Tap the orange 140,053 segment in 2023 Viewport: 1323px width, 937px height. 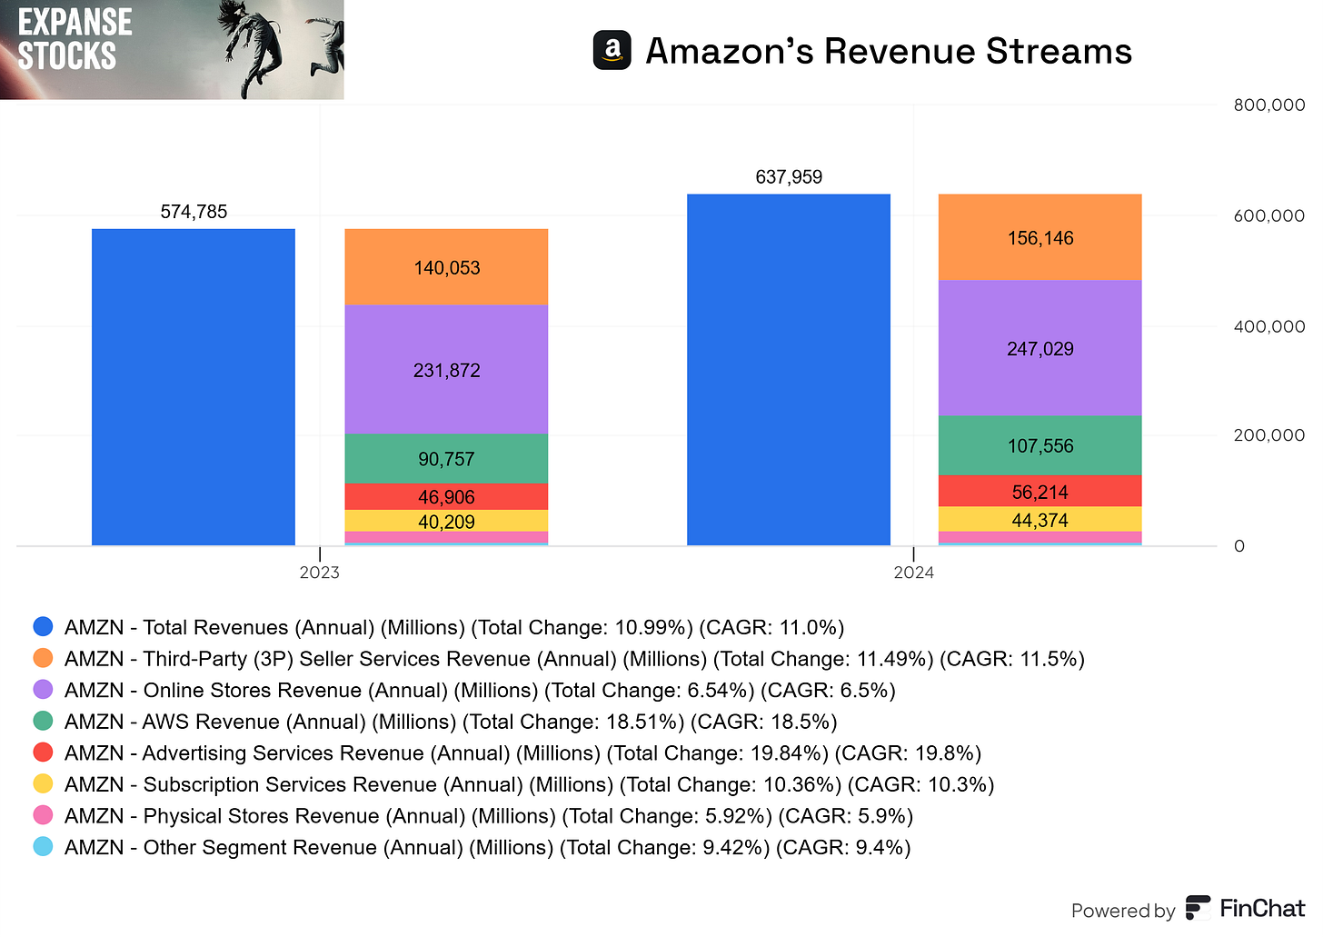tap(446, 267)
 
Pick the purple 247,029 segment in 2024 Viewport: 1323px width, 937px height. tap(1039, 348)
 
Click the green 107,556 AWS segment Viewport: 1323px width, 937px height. tap(1039, 445)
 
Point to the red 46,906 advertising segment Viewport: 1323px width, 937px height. tap(446, 496)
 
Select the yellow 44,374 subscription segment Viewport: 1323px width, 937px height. tap(1039, 520)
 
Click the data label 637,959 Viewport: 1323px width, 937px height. tap(789, 177)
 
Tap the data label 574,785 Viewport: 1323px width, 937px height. tap(194, 212)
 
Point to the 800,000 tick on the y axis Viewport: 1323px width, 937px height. tap(1268, 105)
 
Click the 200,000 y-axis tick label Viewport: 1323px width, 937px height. tap(1268, 435)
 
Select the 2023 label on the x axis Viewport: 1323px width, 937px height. tap(319, 573)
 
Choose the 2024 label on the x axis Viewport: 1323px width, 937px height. tap(913, 573)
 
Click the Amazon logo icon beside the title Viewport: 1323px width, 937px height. tap(612, 51)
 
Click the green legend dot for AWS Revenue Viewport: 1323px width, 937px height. tap(43, 721)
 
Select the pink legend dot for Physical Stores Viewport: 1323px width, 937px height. tap(43, 815)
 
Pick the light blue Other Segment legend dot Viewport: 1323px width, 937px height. tap(43, 847)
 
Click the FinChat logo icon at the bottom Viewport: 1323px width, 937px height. tap(1198, 908)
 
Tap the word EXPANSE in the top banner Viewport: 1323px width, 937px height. tap(75, 23)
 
